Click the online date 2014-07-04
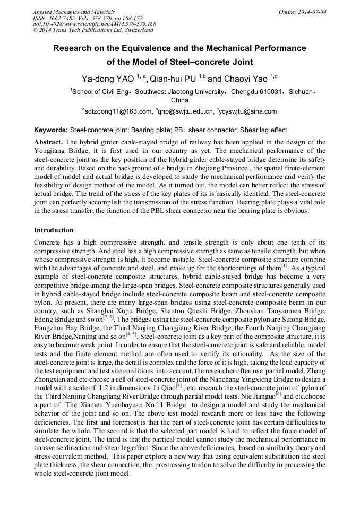[313, 12]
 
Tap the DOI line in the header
[94, 24]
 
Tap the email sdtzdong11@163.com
[118, 111]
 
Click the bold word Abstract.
[49, 142]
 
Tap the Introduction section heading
[54, 230]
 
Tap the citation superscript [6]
[278, 393]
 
